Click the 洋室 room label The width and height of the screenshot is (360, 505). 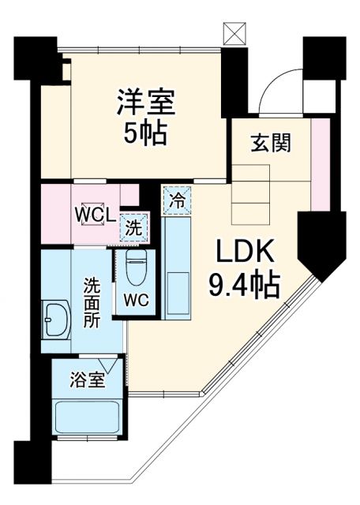[145, 103]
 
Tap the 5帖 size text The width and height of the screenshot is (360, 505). [145, 133]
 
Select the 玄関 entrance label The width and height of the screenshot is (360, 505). [271, 143]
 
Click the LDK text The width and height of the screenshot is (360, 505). [244, 253]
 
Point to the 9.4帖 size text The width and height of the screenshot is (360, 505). [244, 284]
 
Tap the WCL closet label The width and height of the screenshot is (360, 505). [96, 215]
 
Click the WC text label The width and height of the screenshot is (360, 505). [136, 301]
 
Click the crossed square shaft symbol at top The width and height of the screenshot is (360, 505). [234, 34]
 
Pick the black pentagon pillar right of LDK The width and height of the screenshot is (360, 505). [321, 245]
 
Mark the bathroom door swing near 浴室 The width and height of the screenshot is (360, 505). [117, 368]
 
